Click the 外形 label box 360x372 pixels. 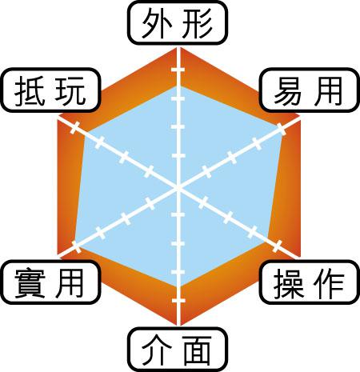pos(178,23)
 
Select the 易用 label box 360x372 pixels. pos(309,90)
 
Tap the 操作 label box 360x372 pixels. pos(309,282)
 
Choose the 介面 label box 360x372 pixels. pos(178,350)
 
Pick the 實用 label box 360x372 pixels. pos(50,282)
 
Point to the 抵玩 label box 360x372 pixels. pos(50,90)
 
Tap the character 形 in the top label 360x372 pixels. pos(198,23)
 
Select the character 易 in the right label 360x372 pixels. pos(289,91)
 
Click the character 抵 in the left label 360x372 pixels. pos(30,90)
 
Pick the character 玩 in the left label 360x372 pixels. pos(70,90)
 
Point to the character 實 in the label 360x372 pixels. pos(30,283)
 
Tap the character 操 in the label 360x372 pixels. pos(289,283)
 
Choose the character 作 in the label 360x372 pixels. pos(330,283)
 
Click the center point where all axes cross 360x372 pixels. pos(178,187)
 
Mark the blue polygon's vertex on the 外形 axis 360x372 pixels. pos(178,86)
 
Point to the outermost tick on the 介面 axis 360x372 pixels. pos(178,301)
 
